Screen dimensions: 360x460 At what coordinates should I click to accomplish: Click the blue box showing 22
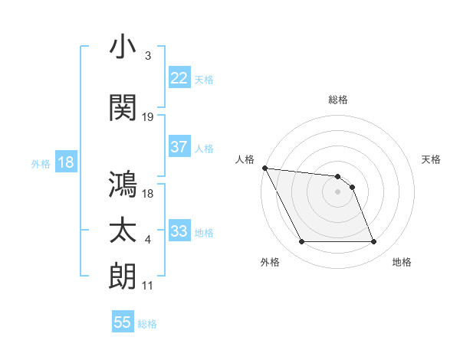(x=179, y=78)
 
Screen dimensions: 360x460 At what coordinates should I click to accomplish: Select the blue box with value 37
(x=179, y=147)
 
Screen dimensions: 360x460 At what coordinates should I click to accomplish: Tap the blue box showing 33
(x=179, y=231)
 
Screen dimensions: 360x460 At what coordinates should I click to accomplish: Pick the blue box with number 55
(x=123, y=322)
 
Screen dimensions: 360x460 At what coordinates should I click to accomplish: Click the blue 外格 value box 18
(x=65, y=162)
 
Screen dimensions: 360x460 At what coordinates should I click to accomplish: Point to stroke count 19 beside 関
(x=148, y=117)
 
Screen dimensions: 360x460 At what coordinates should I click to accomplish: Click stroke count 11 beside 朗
(x=148, y=286)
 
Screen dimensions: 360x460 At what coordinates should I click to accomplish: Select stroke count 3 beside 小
(x=147, y=56)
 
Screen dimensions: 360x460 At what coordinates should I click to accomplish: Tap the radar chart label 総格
(x=337, y=100)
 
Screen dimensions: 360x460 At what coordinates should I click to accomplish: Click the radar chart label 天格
(x=431, y=159)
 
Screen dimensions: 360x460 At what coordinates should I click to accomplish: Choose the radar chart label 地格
(x=402, y=263)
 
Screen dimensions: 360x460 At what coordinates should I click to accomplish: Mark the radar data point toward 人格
(x=264, y=168)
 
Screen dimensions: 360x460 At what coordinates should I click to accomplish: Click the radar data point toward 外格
(x=301, y=242)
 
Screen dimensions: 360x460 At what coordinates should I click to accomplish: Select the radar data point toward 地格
(x=373, y=242)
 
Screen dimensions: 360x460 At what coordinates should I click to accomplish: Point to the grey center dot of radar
(x=337, y=191)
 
